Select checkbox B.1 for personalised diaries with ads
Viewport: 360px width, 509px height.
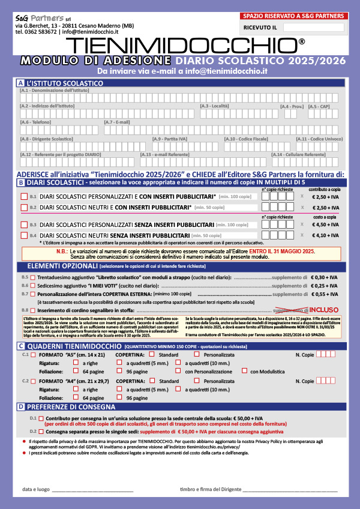tap(24, 196)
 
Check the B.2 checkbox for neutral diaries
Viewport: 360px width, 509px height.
tap(24, 207)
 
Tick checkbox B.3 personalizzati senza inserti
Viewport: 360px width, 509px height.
tap(24, 224)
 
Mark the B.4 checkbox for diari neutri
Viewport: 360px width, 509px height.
tap(24, 235)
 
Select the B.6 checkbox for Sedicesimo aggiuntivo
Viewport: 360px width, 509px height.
tap(33, 286)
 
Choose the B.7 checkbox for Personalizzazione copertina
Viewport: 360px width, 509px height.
tap(33, 295)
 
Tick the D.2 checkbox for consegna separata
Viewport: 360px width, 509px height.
tap(41, 430)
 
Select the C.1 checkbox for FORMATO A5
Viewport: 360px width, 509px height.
tap(33, 355)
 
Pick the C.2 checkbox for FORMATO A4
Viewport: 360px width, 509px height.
tap(33, 381)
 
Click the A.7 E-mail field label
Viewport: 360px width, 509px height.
tap(118, 122)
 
